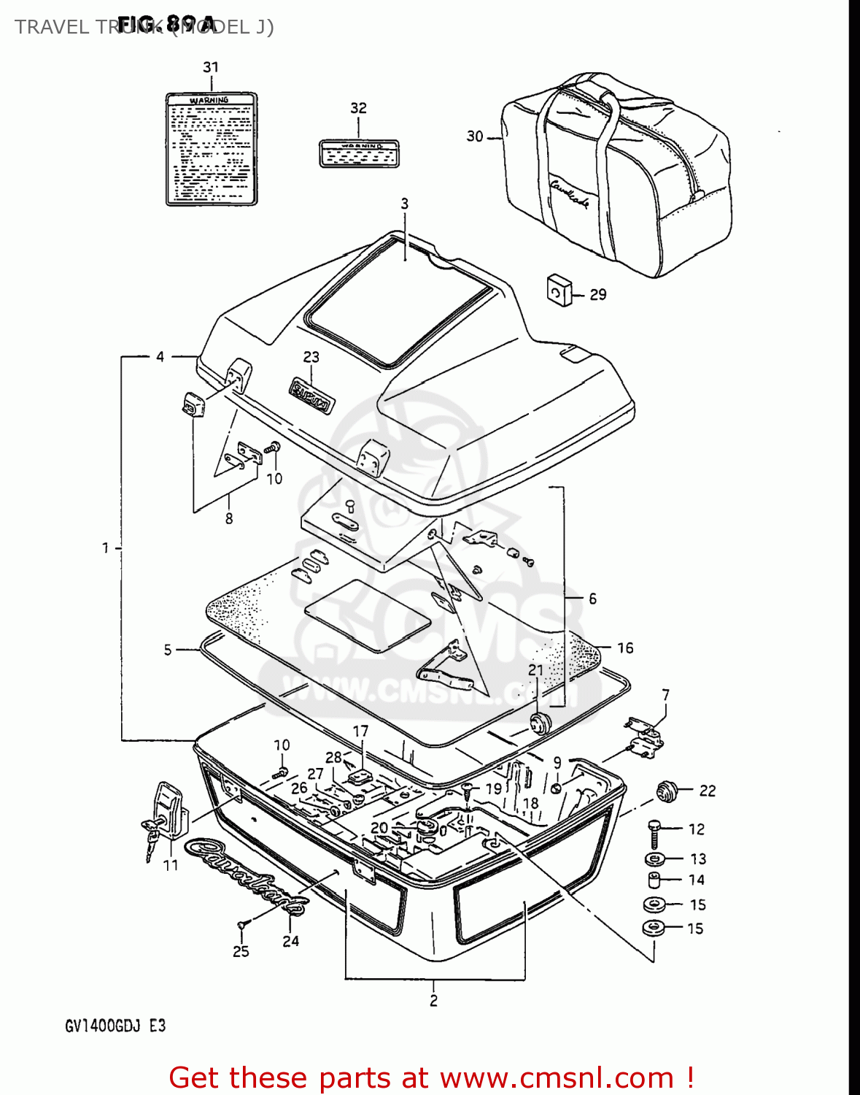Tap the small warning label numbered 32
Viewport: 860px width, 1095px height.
360,153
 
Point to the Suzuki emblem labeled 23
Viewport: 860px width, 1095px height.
311,394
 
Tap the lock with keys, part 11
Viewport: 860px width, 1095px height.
168,814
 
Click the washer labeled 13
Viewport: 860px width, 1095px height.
654,859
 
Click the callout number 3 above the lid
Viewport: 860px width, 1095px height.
404,204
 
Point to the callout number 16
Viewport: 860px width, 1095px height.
625,648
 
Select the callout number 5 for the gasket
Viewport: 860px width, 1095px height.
168,650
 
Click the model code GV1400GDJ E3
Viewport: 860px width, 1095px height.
115,1026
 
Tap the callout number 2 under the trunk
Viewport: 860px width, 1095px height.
434,1001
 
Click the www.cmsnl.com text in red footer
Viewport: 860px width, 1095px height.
557,1077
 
